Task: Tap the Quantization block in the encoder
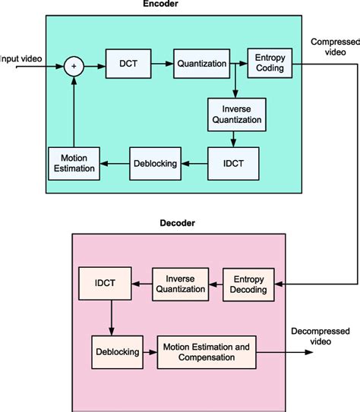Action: [201, 64]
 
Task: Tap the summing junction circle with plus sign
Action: [74, 65]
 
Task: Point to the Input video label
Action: [20, 58]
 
